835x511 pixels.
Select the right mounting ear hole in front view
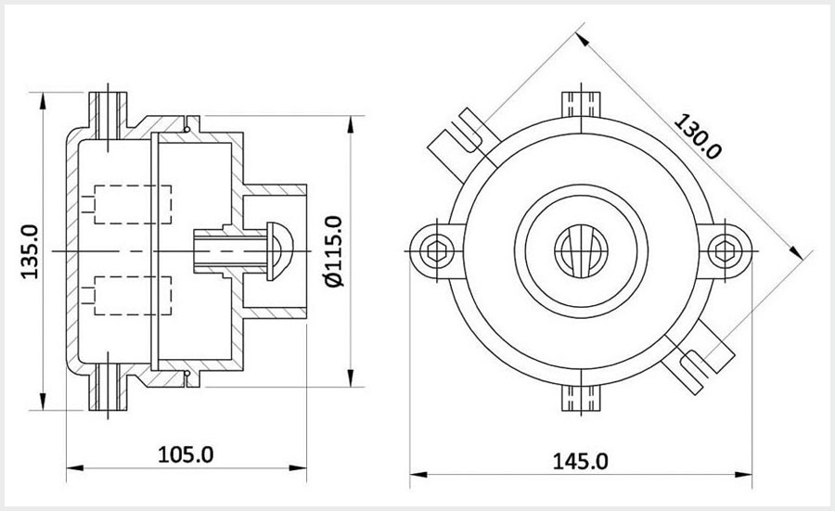click(729, 247)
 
